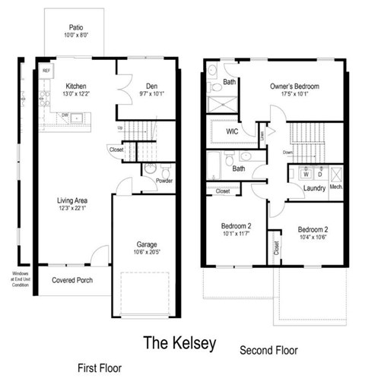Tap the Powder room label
click(163, 181)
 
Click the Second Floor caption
click(270, 351)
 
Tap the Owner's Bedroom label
click(294, 86)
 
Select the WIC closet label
click(233, 131)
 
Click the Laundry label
click(314, 188)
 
